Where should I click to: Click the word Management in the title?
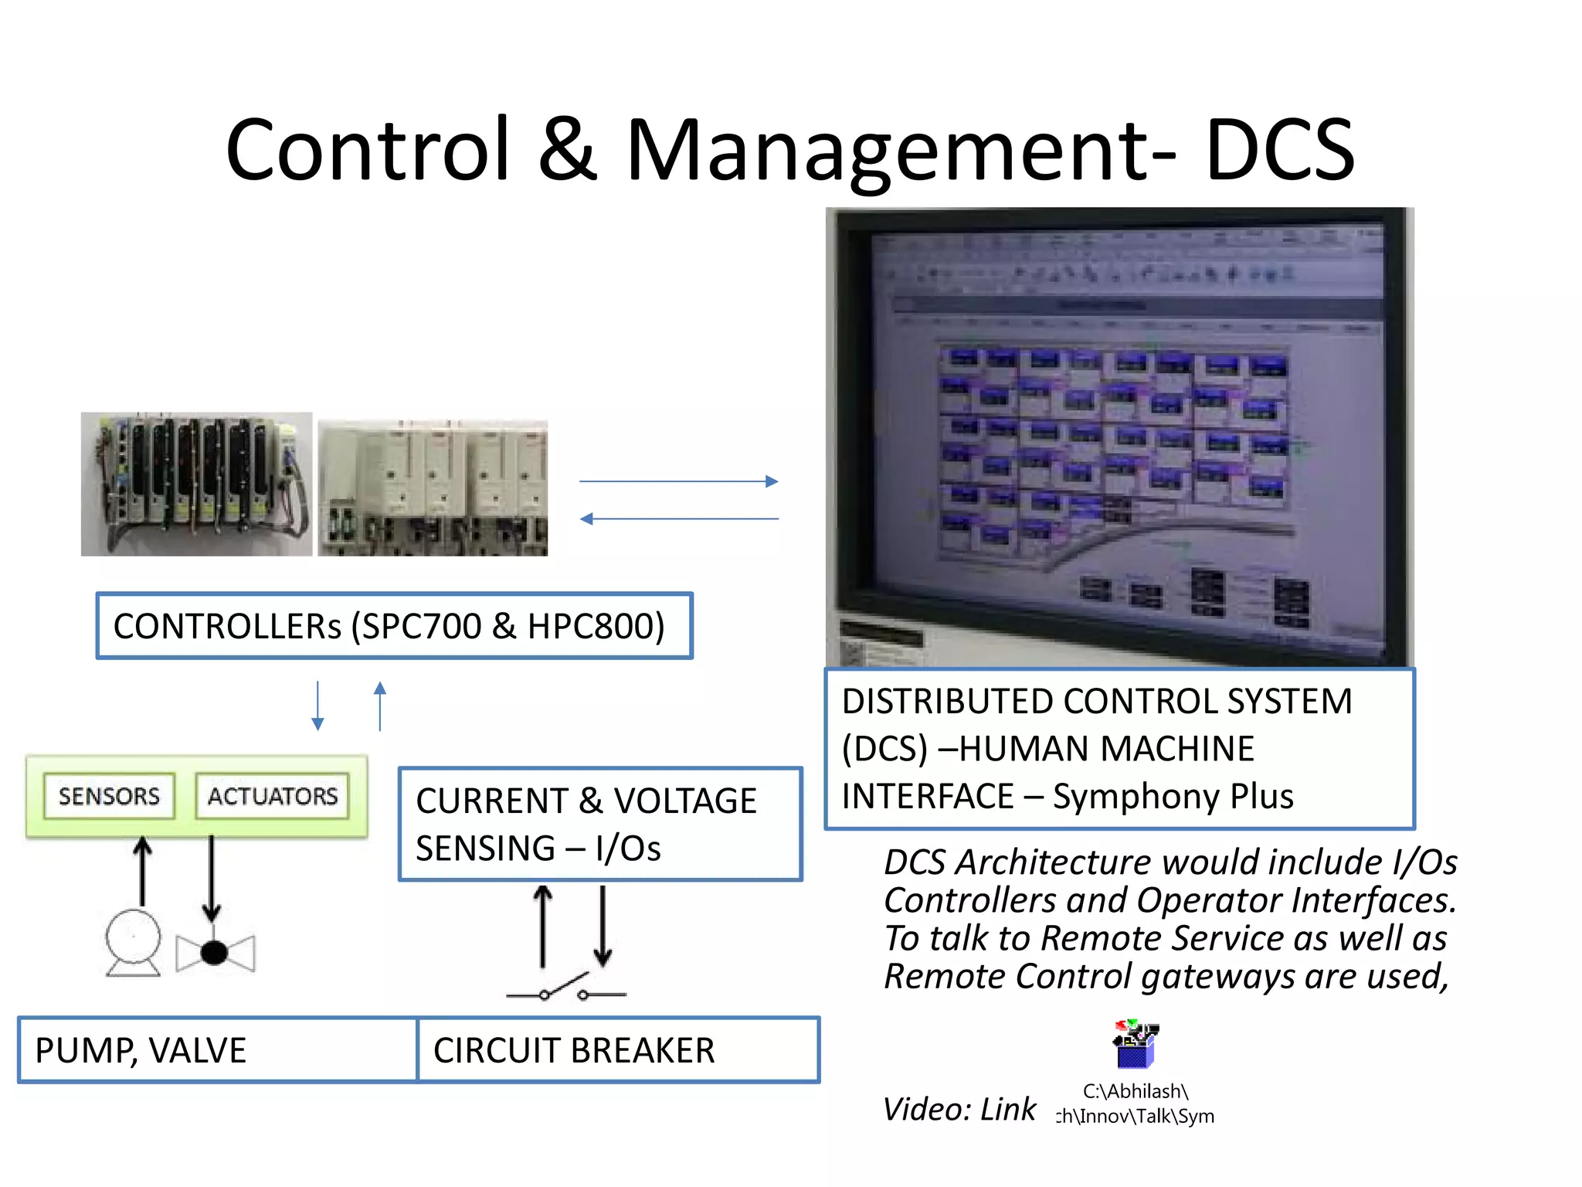901,151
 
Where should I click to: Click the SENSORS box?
109,796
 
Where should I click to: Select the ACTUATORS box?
272,796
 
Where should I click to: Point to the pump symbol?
134,942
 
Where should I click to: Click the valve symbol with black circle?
215,953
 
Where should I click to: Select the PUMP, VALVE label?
141,1050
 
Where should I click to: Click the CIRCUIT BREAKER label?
574,1050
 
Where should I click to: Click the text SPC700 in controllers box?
421,626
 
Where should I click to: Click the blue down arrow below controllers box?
317,706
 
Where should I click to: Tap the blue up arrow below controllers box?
380,706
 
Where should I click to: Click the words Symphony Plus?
1173,796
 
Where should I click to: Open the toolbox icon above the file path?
1134,1044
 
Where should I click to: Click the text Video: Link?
959,1109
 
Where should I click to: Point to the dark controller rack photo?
196,484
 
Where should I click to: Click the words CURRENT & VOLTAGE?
586,801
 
